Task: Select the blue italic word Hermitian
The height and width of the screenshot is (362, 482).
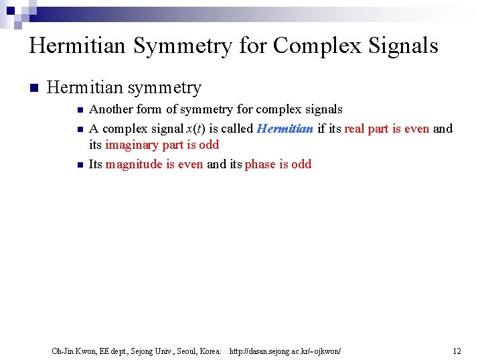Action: point(285,129)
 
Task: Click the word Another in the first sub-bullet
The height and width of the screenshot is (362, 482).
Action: point(111,109)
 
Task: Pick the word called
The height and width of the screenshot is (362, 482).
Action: point(237,129)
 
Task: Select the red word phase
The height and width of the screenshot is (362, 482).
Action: point(260,164)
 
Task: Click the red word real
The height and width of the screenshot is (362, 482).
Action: point(355,129)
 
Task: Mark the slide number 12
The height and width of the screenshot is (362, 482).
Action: point(457,351)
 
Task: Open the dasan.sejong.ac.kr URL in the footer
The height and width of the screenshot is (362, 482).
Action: point(285,351)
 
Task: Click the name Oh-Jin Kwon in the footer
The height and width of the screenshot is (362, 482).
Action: point(74,351)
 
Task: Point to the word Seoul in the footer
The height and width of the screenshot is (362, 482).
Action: point(181,351)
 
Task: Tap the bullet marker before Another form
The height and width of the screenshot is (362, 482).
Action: point(79,110)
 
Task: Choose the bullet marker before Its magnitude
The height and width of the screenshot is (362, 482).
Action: point(79,165)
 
